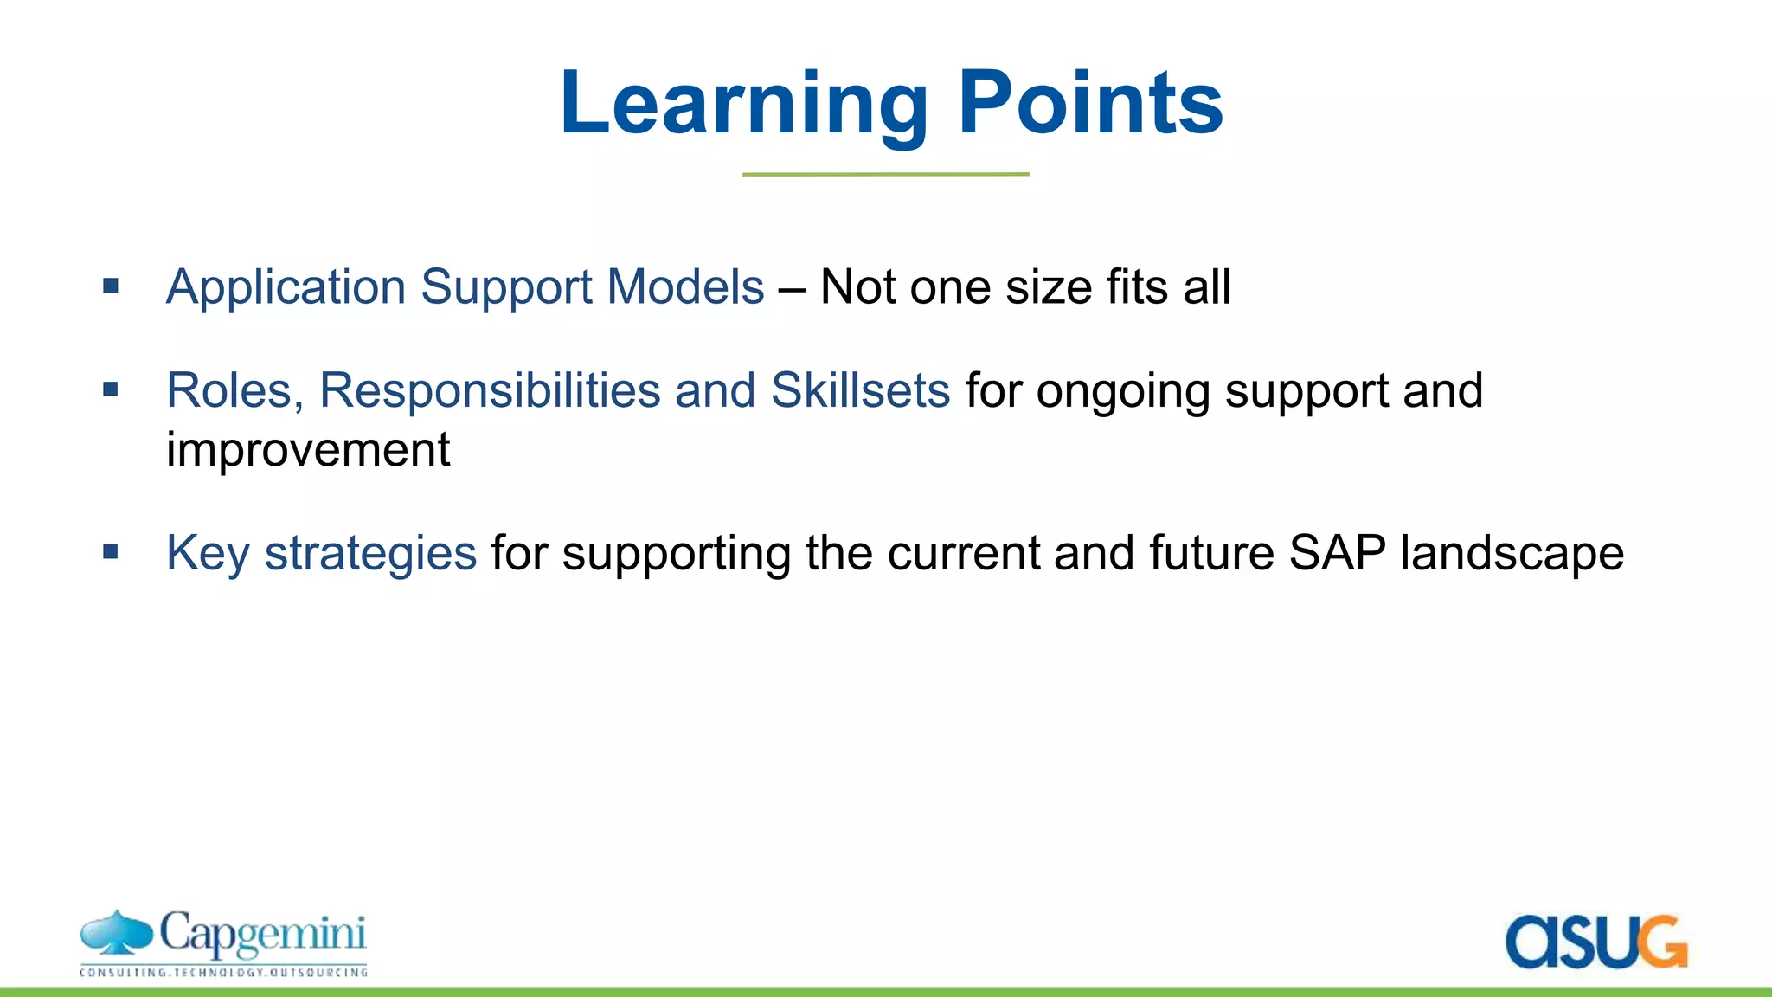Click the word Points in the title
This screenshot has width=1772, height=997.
pos(1090,104)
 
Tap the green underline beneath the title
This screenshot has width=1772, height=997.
pos(885,174)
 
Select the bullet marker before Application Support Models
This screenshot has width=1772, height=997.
pos(110,286)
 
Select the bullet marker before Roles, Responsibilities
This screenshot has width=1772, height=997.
pos(110,389)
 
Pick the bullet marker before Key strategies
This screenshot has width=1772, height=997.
pos(110,551)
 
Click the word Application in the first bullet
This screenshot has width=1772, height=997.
pos(286,287)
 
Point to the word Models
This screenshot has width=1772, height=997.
pos(685,287)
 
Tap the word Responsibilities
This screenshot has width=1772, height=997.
pos(490,391)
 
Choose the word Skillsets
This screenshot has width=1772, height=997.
pos(860,391)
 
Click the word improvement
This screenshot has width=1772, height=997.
pos(308,450)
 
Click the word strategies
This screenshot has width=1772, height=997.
pos(370,554)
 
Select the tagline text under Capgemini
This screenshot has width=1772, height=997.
pos(223,973)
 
